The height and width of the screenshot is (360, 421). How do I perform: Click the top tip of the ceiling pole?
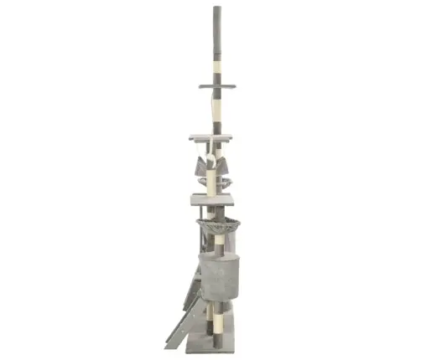tap(216, 8)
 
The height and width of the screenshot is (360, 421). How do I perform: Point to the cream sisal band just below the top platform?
tap(217, 105)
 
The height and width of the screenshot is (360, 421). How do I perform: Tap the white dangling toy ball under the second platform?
tap(213, 159)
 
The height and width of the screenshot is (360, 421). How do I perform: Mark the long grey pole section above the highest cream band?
tap(216, 33)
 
